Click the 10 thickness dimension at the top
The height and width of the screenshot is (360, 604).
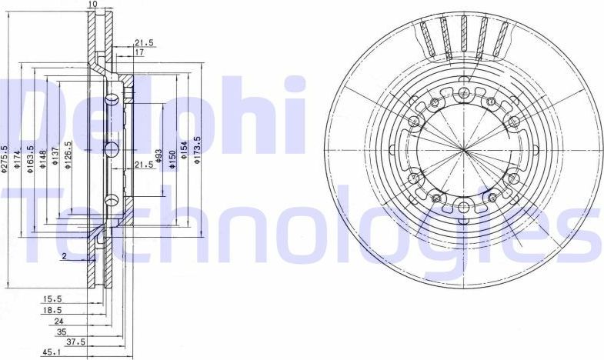(x=92, y=5)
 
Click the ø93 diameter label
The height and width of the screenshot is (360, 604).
(x=159, y=157)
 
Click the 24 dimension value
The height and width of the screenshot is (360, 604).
(x=58, y=321)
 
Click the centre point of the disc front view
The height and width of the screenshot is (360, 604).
(x=463, y=148)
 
